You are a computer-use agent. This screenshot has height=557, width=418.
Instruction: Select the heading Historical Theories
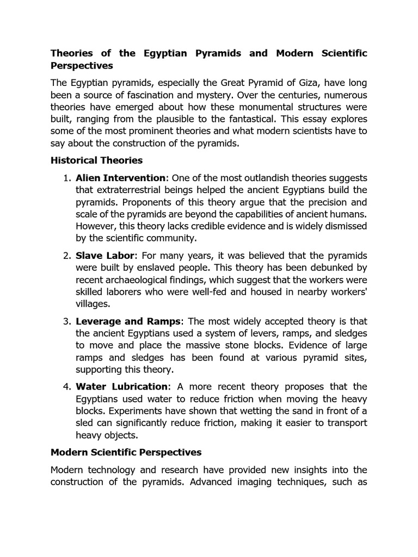coord(96,160)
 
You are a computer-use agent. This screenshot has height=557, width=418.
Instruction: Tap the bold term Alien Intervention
coord(120,178)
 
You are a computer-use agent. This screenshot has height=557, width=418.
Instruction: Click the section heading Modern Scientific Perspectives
coord(126,453)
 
